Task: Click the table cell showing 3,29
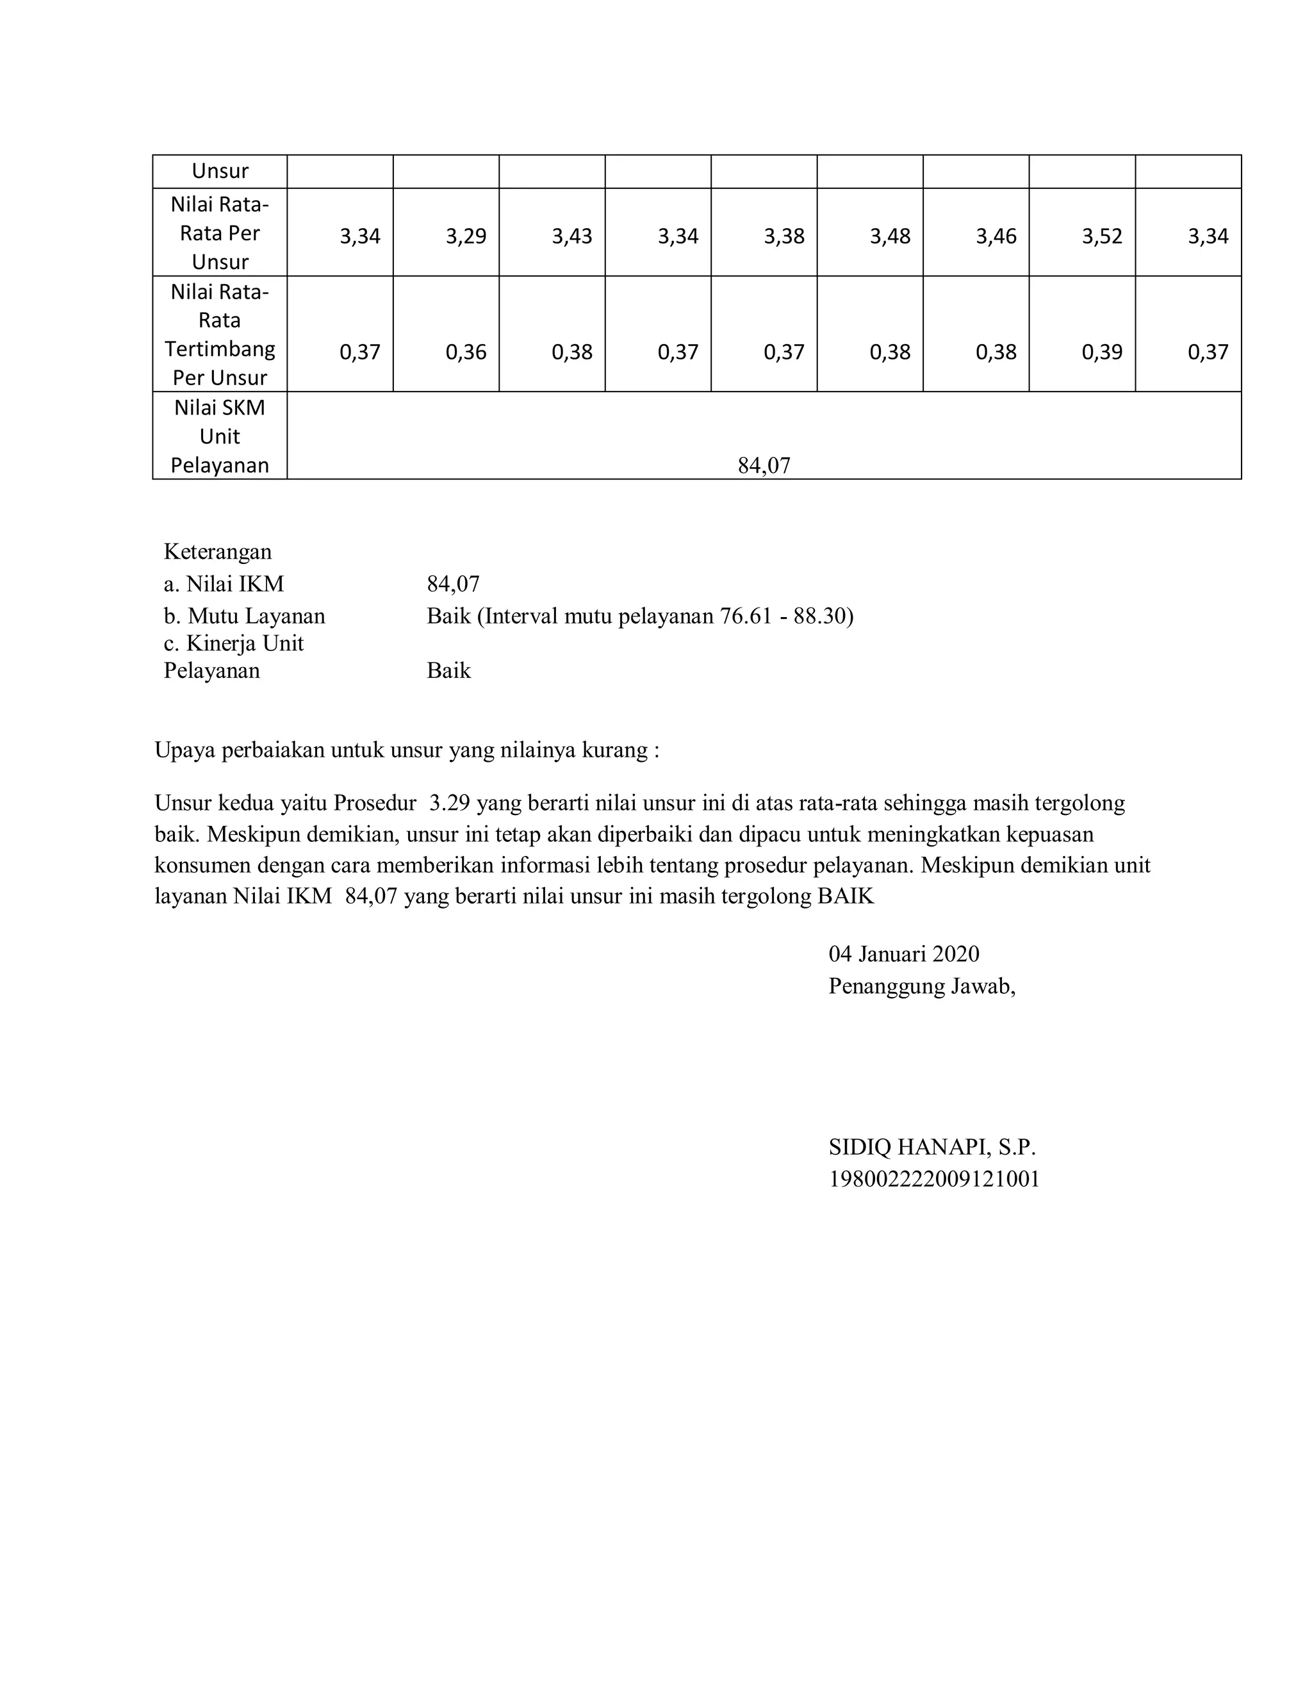466,236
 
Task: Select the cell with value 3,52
1101,236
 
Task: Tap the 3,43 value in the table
572,236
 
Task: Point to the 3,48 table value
890,236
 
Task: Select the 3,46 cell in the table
996,236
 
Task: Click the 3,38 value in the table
783,236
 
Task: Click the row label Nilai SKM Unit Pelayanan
220,436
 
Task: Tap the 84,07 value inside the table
764,466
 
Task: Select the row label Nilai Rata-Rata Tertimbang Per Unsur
220,334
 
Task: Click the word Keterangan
218,552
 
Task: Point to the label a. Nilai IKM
224,584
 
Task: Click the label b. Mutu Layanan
244,616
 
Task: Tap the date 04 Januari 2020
903,954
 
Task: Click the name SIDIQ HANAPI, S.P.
932,1147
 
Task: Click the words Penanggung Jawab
922,987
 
